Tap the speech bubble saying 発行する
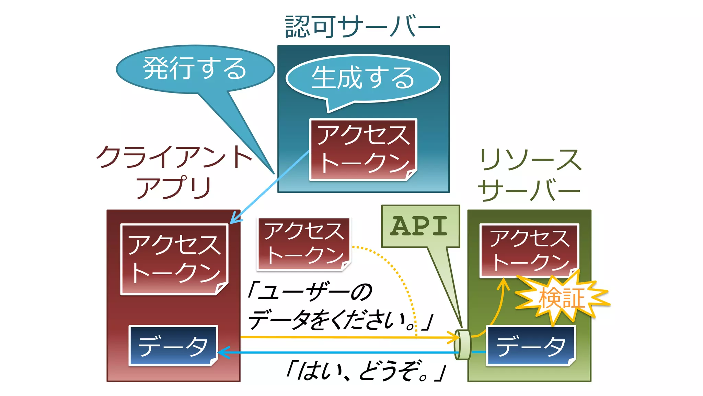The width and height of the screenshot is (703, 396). (x=195, y=69)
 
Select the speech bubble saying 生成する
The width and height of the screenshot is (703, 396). (x=363, y=78)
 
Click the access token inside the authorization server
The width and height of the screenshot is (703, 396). (x=363, y=150)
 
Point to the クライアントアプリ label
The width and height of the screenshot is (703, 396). (x=174, y=172)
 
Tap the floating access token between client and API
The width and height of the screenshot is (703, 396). (x=304, y=244)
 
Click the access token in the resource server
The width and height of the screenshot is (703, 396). (x=529, y=250)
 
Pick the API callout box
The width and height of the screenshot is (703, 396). (x=420, y=226)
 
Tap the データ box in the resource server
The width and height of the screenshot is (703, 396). (x=531, y=345)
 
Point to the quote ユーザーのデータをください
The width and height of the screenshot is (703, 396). (x=340, y=306)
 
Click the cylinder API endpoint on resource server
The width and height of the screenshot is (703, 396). (x=463, y=345)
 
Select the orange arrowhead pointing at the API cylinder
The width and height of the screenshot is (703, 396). (x=455, y=338)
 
